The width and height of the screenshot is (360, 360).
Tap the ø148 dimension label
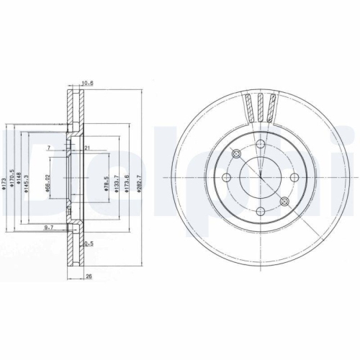click(x=19, y=178)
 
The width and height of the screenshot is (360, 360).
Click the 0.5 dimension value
click(x=90, y=243)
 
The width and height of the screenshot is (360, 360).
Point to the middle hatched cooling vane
click(x=261, y=108)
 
